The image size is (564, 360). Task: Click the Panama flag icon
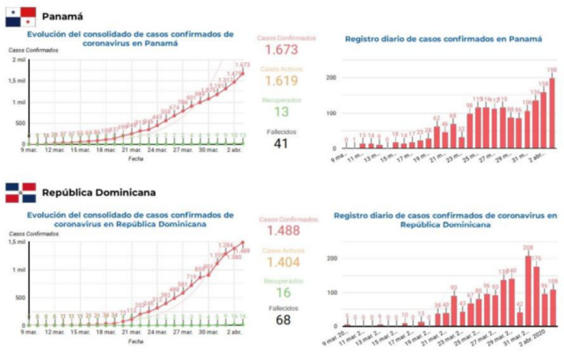pyautogui.click(x=21, y=17)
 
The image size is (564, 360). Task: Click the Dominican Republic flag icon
pyautogui.click(x=21, y=193)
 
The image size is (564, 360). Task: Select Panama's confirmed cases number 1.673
pyautogui.click(x=281, y=51)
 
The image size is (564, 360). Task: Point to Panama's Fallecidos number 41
pyautogui.click(x=281, y=143)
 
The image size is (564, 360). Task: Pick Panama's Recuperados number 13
pyautogui.click(x=281, y=112)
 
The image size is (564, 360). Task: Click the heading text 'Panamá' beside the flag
pyautogui.click(x=62, y=16)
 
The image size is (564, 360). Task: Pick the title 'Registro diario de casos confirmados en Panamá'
pyautogui.click(x=444, y=39)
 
